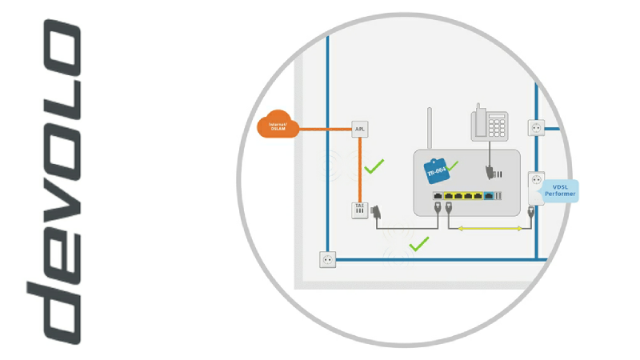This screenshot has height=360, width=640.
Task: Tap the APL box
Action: tap(360, 128)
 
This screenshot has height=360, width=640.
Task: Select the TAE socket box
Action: tap(360, 210)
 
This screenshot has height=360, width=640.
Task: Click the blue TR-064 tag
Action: tap(437, 170)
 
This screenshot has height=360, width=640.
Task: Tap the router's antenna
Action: tap(430, 128)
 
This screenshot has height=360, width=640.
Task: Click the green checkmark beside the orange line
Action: tap(374, 166)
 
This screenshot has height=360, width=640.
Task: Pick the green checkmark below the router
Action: tap(418, 242)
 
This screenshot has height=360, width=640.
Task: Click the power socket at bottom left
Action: tap(327, 259)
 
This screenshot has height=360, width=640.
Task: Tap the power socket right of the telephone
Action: tap(536, 127)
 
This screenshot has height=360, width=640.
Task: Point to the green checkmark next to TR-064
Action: tap(453, 166)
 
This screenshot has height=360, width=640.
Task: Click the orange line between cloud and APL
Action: tap(325, 127)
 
